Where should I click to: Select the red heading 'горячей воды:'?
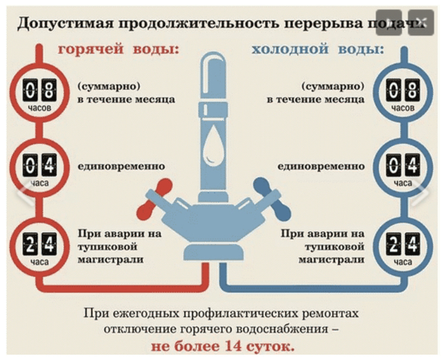119,49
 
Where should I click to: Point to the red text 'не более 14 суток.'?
222,347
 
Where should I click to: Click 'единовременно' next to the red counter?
120,166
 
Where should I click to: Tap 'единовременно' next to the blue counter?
320,166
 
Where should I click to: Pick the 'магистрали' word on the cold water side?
338,259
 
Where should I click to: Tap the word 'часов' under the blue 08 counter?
403,108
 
